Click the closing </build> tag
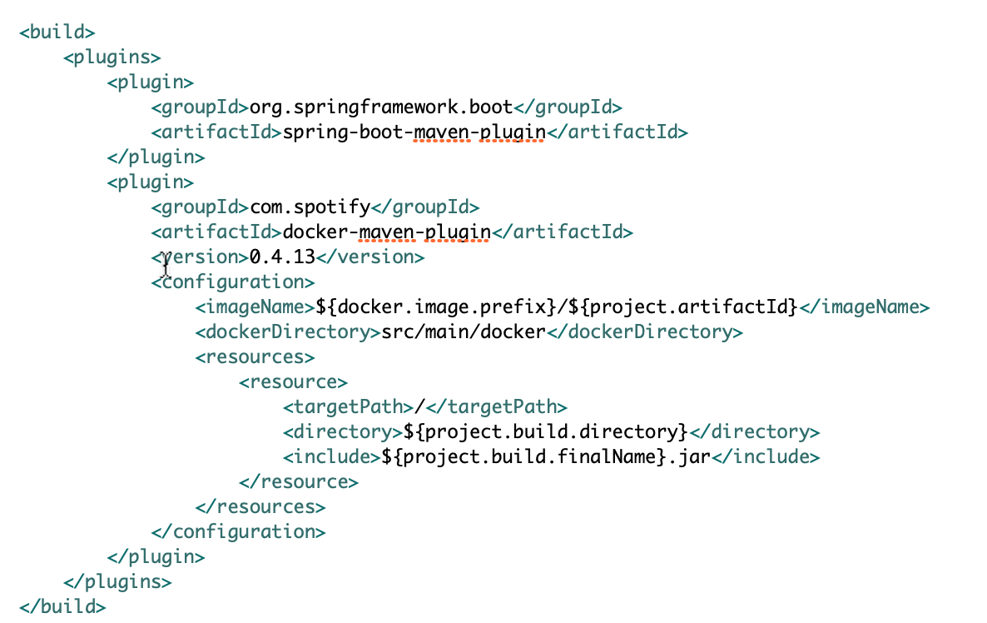click(x=62, y=606)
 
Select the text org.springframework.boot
click(x=381, y=107)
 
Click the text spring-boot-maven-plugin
click(x=414, y=132)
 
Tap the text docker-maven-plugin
click(x=386, y=232)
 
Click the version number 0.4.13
click(x=283, y=257)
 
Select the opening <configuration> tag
click(x=233, y=282)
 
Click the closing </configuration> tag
click(x=238, y=531)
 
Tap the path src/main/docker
click(x=463, y=331)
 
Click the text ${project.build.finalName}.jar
click(x=548, y=456)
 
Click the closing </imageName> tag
click(x=864, y=307)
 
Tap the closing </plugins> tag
click(x=117, y=581)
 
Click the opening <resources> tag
click(x=255, y=356)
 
